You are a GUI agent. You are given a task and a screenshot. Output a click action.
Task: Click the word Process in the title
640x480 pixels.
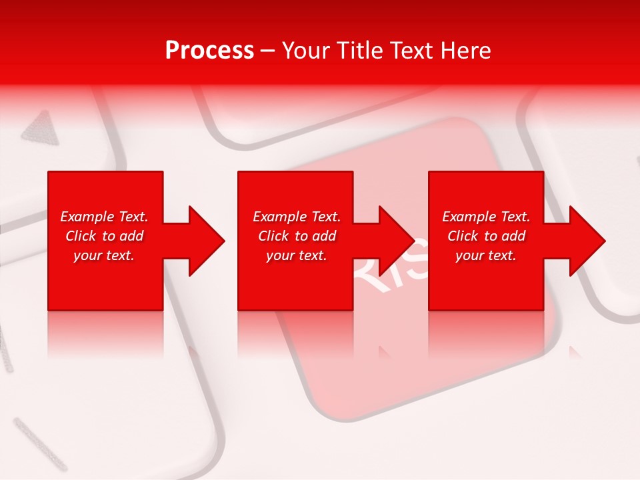209,51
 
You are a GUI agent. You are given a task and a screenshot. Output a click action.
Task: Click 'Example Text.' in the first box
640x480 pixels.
104,217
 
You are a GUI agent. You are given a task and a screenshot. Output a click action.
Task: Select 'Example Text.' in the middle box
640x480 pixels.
297,217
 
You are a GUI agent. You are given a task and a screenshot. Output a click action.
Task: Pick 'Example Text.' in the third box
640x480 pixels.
486,217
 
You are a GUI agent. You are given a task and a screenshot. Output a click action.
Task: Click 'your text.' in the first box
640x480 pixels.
104,255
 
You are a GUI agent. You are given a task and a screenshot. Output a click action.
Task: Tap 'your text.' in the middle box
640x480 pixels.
297,255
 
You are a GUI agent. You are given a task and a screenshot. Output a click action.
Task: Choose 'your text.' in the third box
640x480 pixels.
486,255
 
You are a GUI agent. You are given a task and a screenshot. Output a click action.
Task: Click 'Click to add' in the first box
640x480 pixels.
104,236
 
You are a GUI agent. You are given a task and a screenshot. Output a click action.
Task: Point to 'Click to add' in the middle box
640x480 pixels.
297,236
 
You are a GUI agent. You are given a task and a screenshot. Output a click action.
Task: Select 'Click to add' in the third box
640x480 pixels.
486,236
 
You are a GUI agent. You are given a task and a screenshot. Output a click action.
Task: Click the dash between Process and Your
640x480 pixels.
267,51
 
